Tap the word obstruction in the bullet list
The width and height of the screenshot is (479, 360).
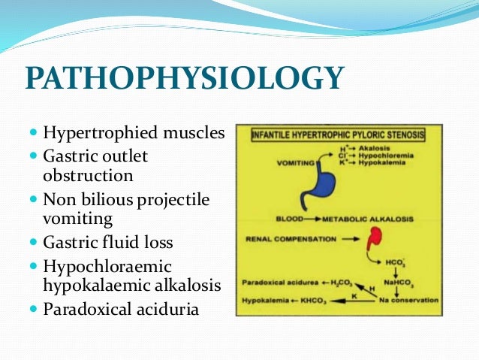[88, 176]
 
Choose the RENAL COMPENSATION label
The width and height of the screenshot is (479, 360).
[283, 240]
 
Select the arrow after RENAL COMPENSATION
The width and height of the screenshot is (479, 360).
[334, 240]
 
